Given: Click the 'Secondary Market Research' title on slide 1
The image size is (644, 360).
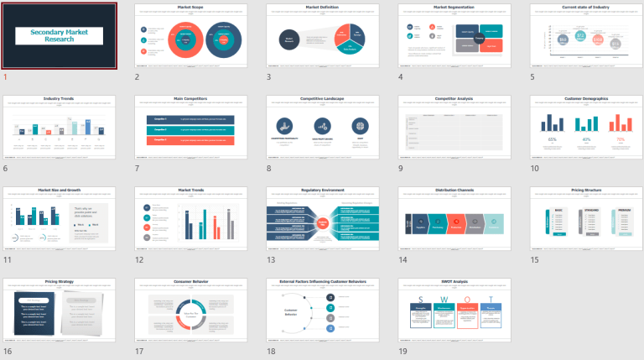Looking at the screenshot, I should (x=59, y=35).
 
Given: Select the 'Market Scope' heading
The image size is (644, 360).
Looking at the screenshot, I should (x=190, y=8).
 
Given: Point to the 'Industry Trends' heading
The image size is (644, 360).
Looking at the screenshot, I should (x=59, y=99).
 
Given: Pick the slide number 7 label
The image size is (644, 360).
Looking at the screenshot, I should (x=137, y=168).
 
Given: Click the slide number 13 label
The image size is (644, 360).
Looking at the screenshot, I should (x=270, y=260).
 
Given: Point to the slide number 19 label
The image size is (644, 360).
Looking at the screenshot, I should (x=402, y=352).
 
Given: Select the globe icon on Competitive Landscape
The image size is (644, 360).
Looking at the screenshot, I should (x=360, y=126).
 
